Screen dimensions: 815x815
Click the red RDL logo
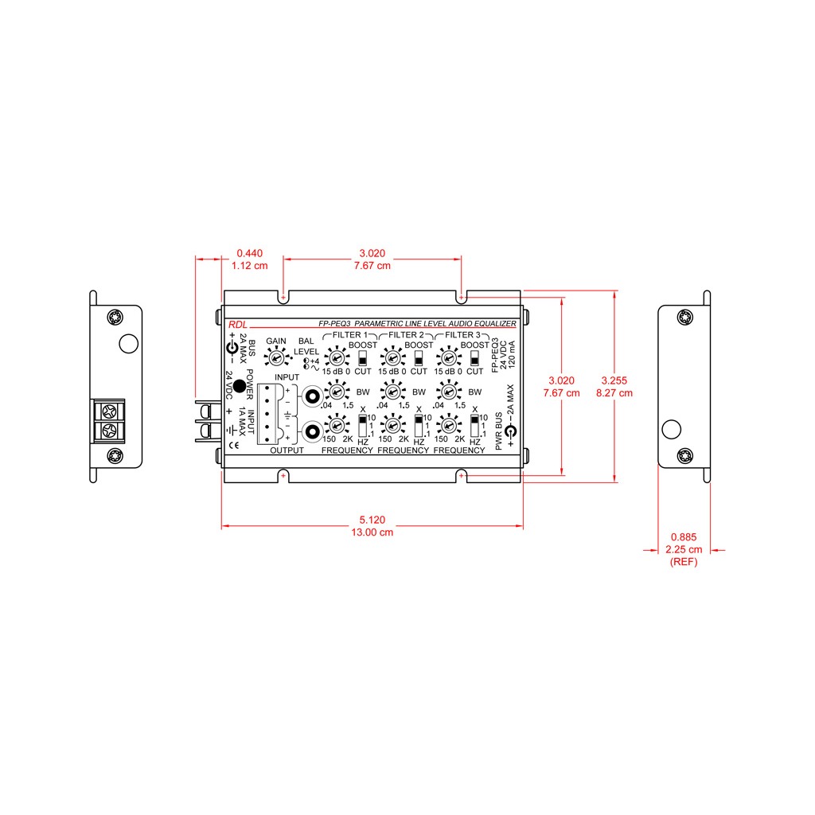click(237, 325)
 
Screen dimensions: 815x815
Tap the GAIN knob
click(276, 357)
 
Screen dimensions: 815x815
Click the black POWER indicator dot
click(239, 386)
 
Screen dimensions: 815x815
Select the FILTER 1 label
click(350, 335)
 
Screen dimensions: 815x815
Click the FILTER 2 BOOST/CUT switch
click(419, 358)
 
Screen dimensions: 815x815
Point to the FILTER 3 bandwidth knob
click(449, 392)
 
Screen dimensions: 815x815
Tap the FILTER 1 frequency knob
click(337, 425)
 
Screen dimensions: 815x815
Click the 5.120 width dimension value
click(372, 520)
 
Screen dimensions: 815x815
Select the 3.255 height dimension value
click(614, 380)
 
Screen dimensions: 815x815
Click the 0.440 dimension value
click(249, 253)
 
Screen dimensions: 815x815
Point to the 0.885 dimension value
click(684, 537)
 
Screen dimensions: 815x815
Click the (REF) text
click(684, 562)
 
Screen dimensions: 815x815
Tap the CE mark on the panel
click(235, 446)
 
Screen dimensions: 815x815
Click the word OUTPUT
click(287, 450)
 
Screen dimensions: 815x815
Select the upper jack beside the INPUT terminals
click(312, 397)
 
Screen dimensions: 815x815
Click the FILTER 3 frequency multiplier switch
click(474, 426)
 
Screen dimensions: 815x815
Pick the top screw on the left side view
click(115, 317)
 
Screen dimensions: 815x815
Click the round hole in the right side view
click(672, 429)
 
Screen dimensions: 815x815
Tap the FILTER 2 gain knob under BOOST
click(392, 358)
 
